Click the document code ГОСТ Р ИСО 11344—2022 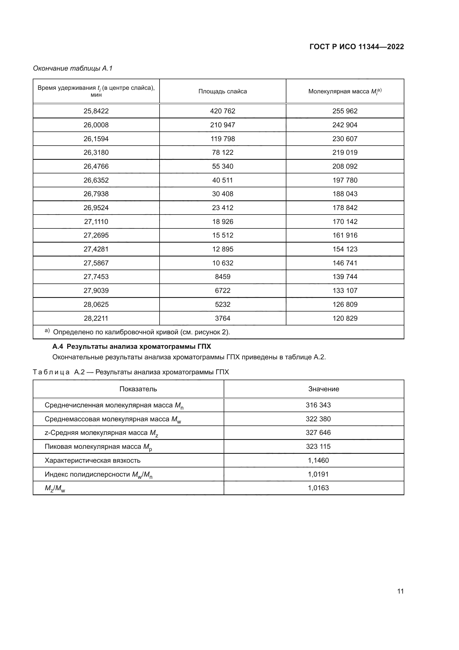click(356, 47)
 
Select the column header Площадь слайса click(223, 91)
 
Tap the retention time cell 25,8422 click(96, 111)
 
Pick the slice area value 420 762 click(223, 111)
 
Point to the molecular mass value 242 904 click(345, 125)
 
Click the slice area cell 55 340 click(223, 166)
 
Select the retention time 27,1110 click(96, 221)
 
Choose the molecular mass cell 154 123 click(345, 249)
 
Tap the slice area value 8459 click(223, 277)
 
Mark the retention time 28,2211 click(96, 318)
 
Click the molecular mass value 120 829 click(345, 318)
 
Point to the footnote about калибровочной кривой click(141, 332)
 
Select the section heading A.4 click(132, 347)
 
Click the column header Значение click(324, 389)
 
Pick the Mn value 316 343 click(318, 405)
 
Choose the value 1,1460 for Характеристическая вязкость click(318, 460)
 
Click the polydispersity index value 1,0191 click(318, 474)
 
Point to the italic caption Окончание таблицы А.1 click(73, 68)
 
